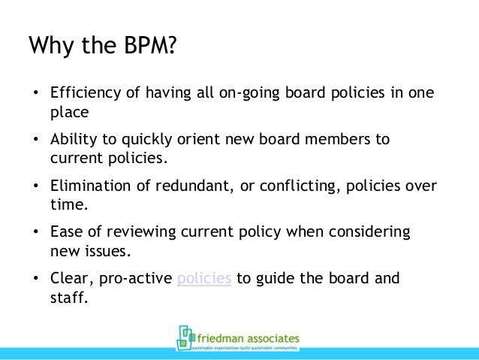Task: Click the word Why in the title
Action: pyautogui.click(x=50, y=47)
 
